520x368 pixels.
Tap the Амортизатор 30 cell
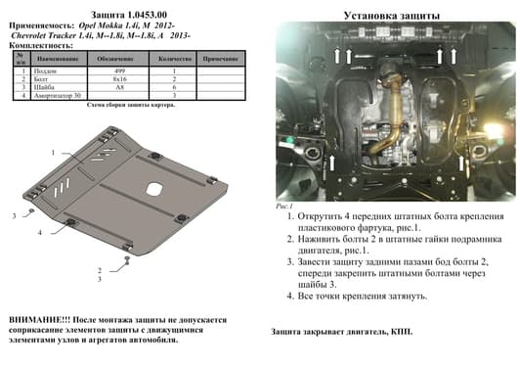click(x=52, y=95)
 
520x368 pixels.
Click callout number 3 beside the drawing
click(x=15, y=213)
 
